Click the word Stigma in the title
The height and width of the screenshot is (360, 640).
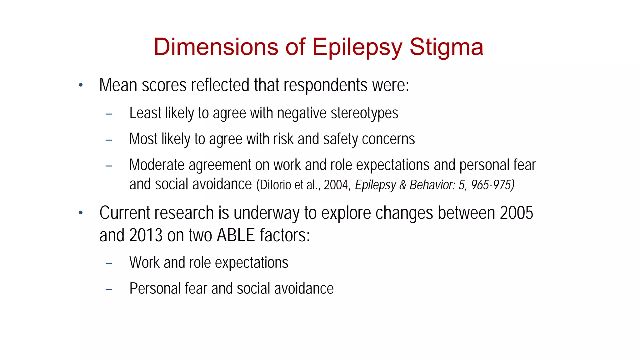(x=446, y=47)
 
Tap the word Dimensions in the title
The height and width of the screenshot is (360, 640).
(x=216, y=47)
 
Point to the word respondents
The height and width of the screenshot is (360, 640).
(x=325, y=86)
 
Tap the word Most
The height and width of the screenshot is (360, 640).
(x=143, y=139)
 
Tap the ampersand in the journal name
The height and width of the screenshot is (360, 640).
(x=403, y=185)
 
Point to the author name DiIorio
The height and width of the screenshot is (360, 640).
(x=275, y=185)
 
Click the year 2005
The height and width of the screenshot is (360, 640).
(x=516, y=213)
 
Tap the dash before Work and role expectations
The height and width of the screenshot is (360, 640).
(x=109, y=264)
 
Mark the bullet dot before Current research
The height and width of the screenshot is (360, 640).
(x=81, y=213)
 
